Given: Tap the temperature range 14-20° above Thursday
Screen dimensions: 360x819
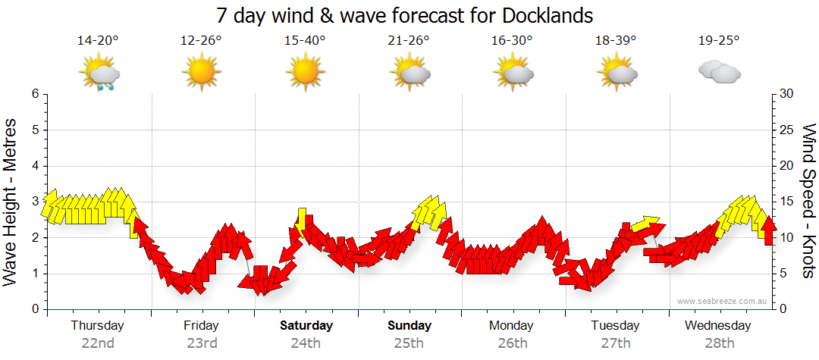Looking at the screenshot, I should click(98, 41).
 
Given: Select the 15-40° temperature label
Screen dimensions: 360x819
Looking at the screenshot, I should click(305, 41).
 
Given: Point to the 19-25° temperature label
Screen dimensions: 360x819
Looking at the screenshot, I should click(719, 41).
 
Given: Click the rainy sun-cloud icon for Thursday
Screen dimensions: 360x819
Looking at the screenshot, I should click(99, 74).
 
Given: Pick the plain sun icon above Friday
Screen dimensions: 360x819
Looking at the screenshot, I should click(202, 73).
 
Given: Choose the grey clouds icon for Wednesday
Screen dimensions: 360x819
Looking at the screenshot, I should click(719, 73).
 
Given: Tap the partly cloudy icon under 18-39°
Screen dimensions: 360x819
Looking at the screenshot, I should click(617, 73).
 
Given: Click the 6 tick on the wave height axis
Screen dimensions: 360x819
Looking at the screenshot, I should click(35, 94).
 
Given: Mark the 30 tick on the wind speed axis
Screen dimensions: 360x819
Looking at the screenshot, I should click(788, 94).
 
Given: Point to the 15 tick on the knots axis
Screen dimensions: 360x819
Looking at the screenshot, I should click(788, 202).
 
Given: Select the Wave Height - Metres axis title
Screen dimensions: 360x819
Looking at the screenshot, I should click(11, 202).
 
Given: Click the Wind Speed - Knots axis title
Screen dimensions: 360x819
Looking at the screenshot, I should click(808, 202).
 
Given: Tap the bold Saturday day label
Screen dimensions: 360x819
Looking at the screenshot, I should click(306, 326).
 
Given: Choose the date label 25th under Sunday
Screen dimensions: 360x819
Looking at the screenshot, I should click(409, 343).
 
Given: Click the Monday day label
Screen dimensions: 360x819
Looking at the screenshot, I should click(512, 326).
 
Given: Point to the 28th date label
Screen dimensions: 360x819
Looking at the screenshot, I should click(719, 343).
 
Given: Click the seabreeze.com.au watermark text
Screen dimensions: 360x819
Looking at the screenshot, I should click(723, 301).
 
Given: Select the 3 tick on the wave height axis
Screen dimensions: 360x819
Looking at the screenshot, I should click(35, 202).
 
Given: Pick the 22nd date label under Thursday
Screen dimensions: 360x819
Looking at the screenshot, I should click(98, 343).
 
